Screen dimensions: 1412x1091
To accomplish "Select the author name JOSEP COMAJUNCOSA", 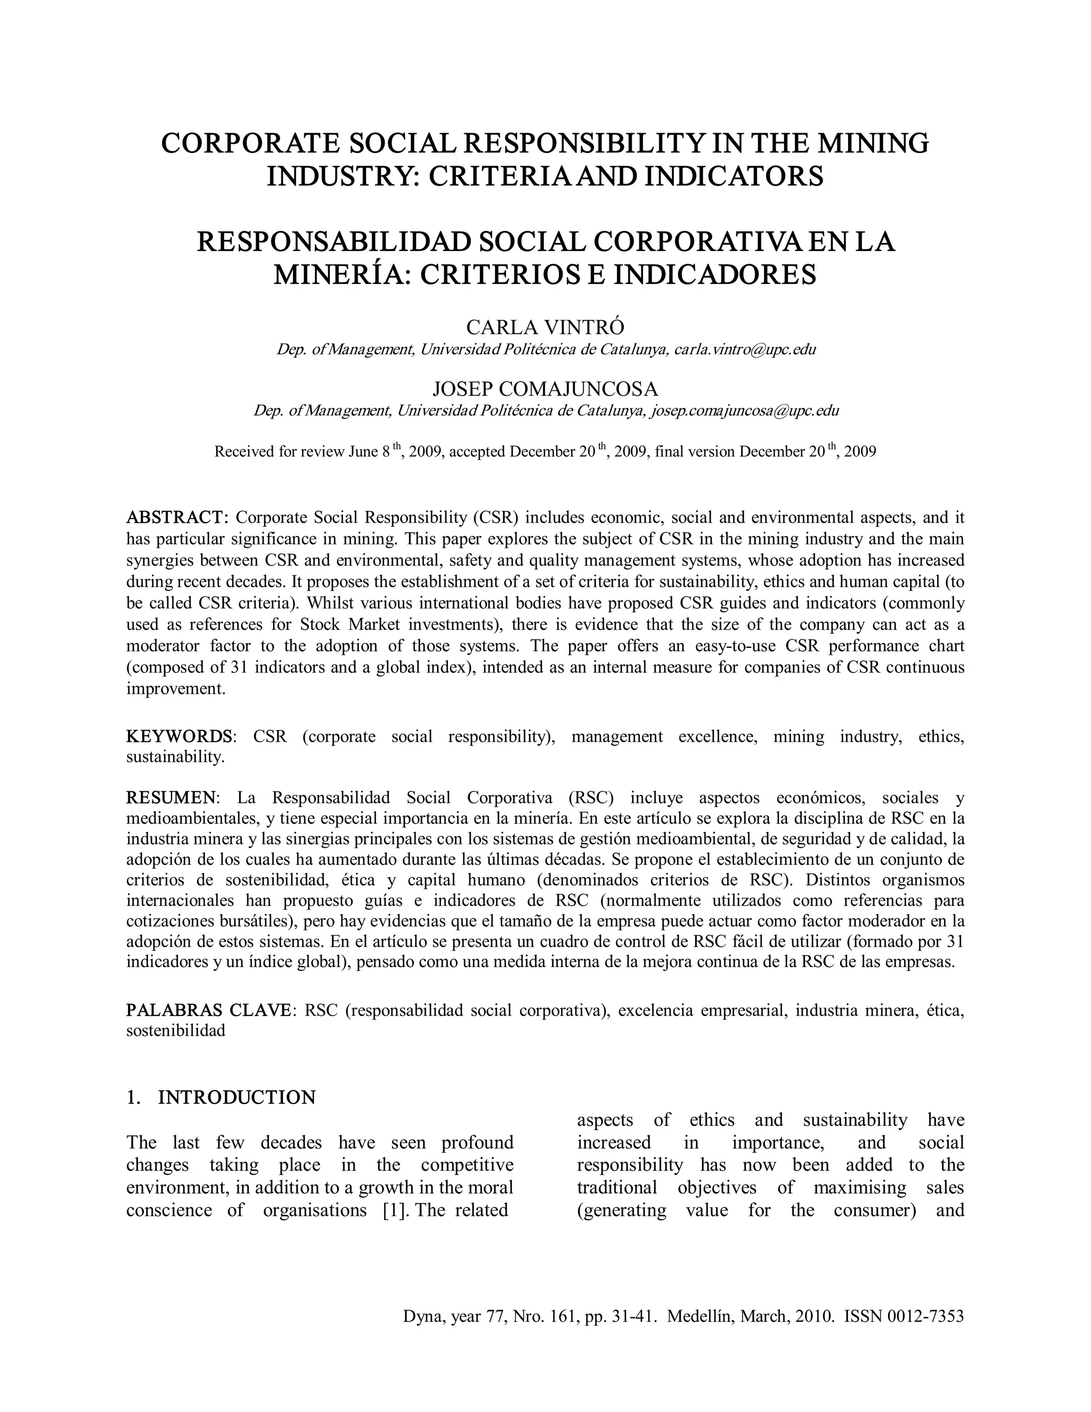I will coord(545,389).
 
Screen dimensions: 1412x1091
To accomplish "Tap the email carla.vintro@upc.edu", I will coord(745,350).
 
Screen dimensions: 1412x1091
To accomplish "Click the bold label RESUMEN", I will coord(173,797).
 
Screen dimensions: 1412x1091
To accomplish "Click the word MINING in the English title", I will coord(873,143).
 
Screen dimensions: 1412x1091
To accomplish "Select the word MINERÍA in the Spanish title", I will coord(340,275).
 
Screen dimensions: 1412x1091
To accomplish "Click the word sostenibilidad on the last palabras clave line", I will coord(175,1031).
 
